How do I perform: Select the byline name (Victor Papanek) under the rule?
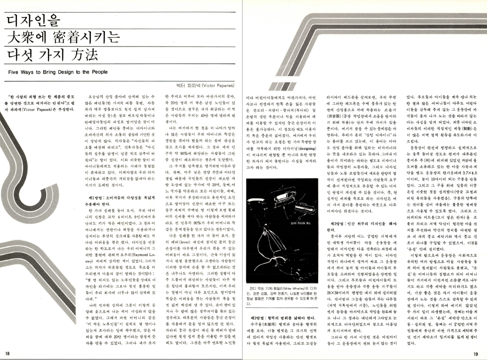pos(219,86)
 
